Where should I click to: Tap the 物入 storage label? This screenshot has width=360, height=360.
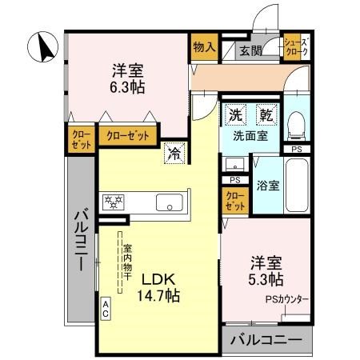tap(204, 47)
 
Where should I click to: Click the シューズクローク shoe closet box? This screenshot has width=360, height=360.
tap(295, 47)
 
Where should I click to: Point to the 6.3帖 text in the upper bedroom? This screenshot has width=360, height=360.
tap(128, 80)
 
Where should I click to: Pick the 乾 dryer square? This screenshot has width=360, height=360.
tap(265, 115)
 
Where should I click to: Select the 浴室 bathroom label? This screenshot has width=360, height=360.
tap(268, 186)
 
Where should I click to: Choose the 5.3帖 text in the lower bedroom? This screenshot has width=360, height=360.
tap(266, 271)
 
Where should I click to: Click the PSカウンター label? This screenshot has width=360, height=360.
tap(287, 301)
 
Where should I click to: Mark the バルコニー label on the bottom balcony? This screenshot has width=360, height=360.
tap(266, 339)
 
